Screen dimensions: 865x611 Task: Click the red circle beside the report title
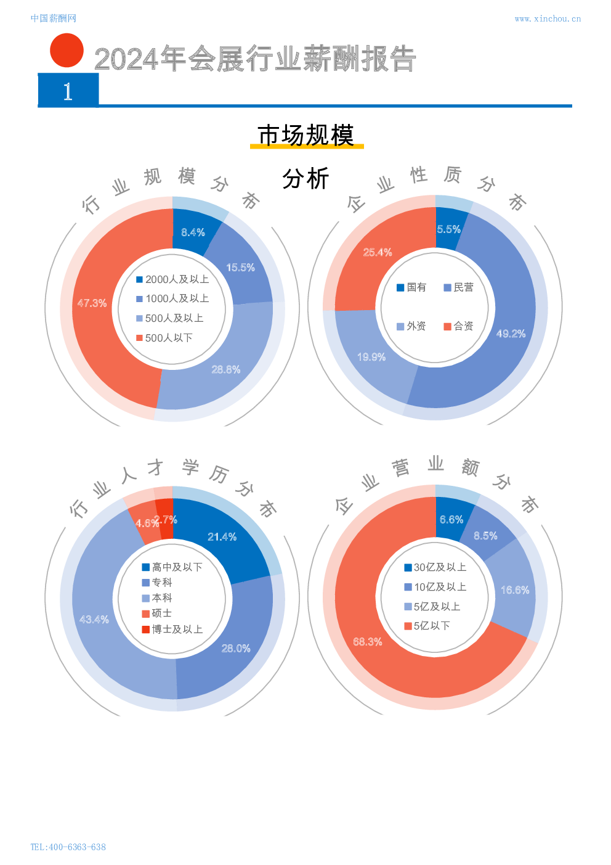pos(67,50)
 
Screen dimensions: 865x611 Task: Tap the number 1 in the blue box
pos(68,91)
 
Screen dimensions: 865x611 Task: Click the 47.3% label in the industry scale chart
pos(92,303)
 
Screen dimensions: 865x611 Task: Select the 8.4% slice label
pos(193,232)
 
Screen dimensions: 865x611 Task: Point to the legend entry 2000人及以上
pos(172,279)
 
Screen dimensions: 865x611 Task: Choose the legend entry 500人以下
pos(164,338)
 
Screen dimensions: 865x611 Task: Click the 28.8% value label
pos(226,370)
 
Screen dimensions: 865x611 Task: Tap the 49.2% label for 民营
pos(511,334)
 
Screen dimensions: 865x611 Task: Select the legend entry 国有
pos(411,287)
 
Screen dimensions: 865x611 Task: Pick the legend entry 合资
pos(458,326)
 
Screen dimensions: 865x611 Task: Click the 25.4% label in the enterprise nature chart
pos(378,252)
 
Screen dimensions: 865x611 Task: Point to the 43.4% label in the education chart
pos(94,619)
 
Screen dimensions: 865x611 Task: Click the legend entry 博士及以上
pos(172,629)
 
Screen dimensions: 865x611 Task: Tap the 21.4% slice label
pos(222,537)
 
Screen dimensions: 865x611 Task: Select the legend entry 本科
pos(158,598)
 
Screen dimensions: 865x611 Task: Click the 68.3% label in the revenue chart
pos(368,642)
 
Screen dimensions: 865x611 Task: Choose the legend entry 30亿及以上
pos(435,567)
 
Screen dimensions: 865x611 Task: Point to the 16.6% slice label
pos(515,590)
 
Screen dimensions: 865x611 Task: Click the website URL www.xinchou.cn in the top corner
pos(547,19)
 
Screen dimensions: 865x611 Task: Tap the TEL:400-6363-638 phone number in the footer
pos(68,847)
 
